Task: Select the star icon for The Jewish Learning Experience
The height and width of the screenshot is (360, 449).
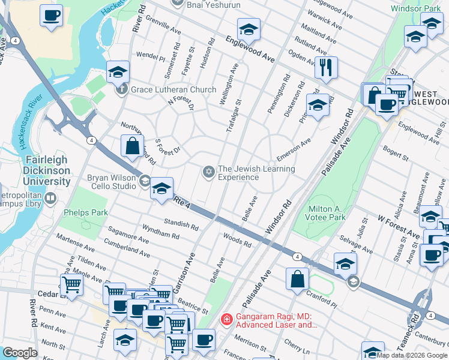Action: coord(209,173)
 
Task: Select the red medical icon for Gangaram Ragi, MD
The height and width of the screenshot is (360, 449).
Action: coord(226,318)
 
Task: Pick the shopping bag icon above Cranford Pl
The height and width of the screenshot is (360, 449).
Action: coord(297,278)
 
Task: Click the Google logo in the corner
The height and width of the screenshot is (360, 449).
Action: coord(20,353)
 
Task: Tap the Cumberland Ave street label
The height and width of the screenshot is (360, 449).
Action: coord(127,247)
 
